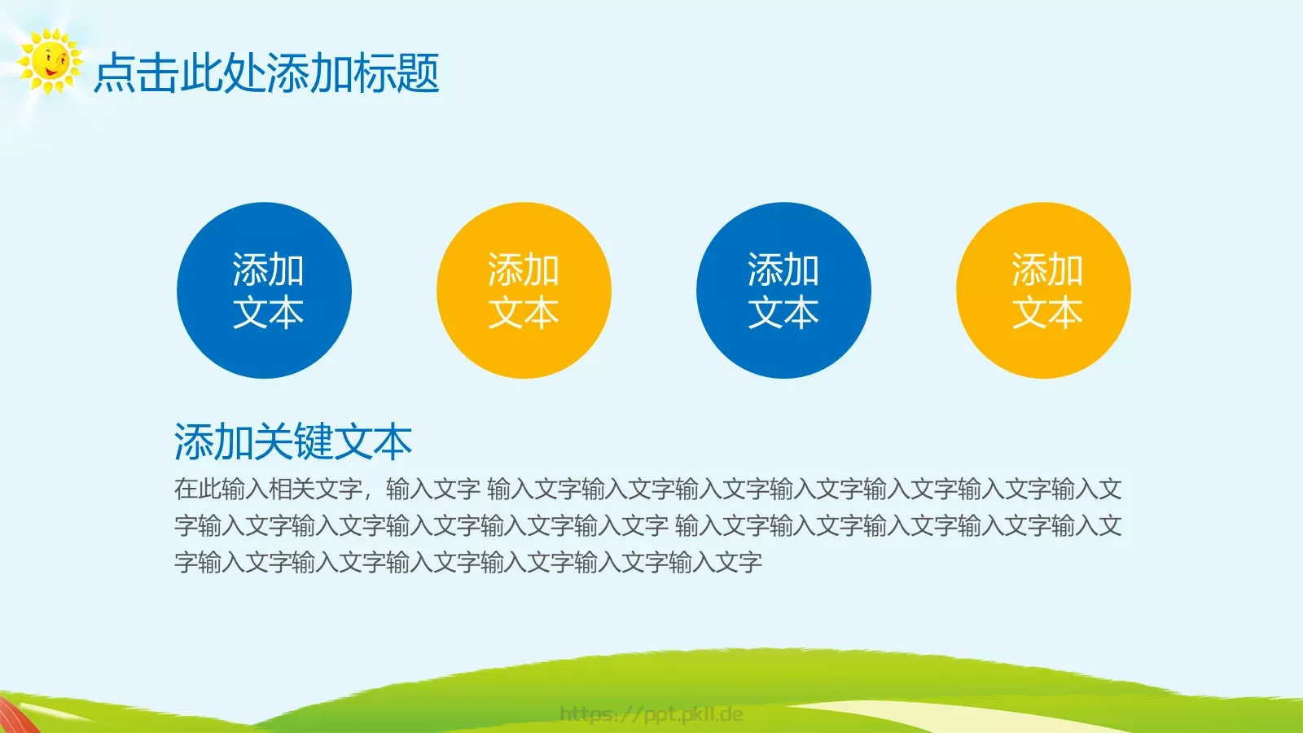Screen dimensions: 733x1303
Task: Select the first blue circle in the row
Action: click(264, 290)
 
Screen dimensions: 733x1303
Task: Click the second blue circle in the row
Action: click(783, 290)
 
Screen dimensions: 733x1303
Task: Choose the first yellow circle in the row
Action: click(524, 290)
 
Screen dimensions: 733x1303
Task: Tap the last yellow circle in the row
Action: click(1043, 290)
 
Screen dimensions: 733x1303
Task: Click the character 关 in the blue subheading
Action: click(273, 442)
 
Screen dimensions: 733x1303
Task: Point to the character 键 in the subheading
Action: click(313, 442)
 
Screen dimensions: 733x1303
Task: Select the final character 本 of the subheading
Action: click(393, 442)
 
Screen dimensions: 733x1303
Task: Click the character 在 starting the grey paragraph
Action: click(186, 489)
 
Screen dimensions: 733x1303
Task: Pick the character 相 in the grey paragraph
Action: click(280, 489)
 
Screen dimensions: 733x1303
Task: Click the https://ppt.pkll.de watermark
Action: click(651, 714)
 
